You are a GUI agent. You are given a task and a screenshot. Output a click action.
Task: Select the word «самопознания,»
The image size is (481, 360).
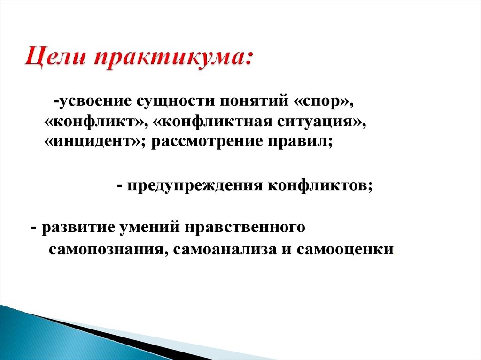[x=107, y=249]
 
